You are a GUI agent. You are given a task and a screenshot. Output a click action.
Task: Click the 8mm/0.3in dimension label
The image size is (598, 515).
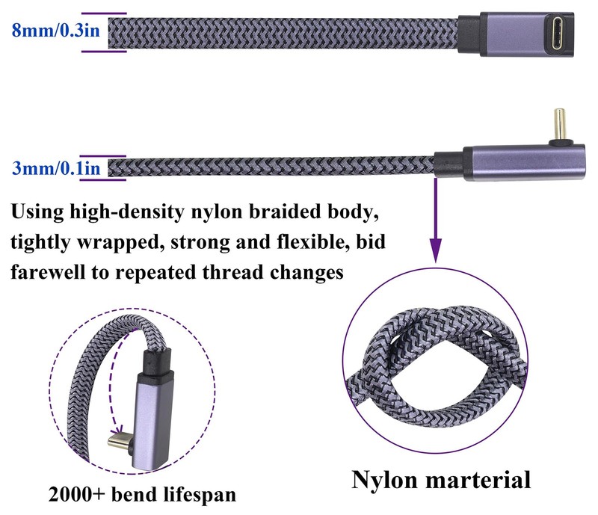55,30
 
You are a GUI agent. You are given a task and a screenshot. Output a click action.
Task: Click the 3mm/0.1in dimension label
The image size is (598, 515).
56,168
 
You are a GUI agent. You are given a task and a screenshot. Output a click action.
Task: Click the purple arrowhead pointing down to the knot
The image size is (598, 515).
436,250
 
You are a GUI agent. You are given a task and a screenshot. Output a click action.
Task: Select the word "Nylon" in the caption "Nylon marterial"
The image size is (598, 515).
384,480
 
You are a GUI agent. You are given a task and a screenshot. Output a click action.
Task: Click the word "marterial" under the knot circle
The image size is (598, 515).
478,480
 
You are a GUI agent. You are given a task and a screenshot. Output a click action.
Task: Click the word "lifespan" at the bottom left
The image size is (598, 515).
200,495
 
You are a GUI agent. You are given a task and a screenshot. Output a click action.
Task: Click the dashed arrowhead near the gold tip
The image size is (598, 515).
118,427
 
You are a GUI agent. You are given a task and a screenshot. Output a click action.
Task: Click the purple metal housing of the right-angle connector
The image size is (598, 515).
524,162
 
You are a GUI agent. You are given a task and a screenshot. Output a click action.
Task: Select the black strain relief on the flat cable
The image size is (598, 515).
469,34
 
